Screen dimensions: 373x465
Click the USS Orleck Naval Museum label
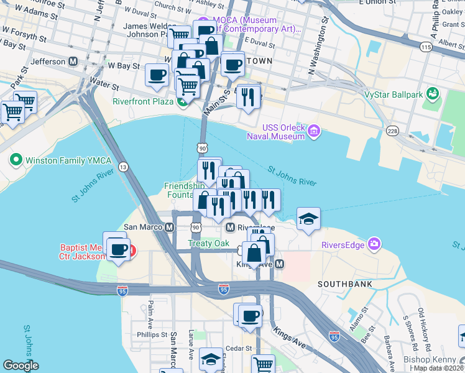[284, 132]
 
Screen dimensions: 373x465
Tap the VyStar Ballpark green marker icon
[433, 94]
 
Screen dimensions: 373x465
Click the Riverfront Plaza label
[142, 102]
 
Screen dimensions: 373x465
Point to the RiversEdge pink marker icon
[374, 243]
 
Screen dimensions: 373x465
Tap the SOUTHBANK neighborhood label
[344, 284]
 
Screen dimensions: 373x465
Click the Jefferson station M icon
[73, 62]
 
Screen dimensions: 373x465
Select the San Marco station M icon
[169, 228]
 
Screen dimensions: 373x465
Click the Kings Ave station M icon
[280, 264]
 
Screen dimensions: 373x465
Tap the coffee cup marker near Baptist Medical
[117, 249]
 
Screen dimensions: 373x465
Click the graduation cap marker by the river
[308, 219]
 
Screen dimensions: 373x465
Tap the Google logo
[21, 366]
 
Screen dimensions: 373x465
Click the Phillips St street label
[152, 334]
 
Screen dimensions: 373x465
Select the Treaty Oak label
[209, 244]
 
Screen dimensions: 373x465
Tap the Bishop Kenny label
[430, 360]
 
